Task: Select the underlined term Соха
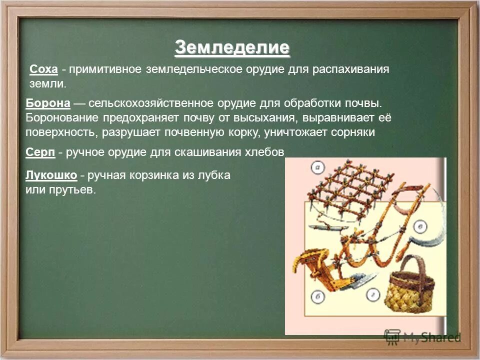[x=44, y=69]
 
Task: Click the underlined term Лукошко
[x=50, y=175]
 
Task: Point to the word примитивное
[x=105, y=69]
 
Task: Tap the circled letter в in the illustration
[x=421, y=227]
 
